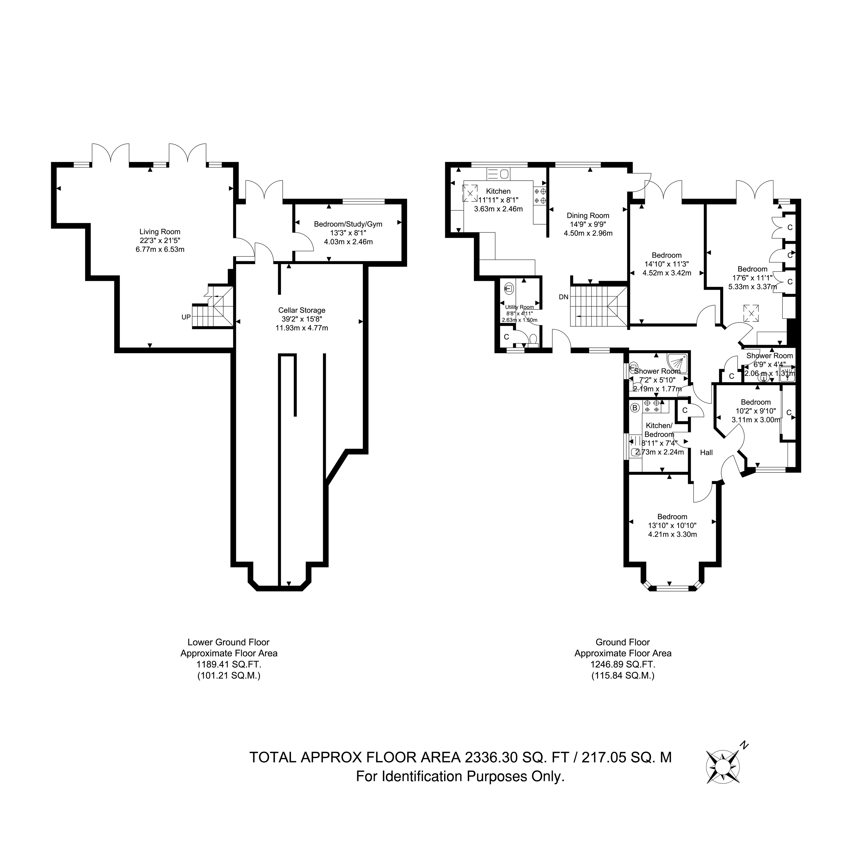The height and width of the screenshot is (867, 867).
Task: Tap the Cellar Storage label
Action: (302, 310)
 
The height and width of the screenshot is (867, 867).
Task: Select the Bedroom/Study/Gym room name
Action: (348, 224)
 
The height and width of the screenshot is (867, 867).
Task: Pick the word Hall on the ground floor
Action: (706, 452)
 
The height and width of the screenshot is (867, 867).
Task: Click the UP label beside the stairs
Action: (186, 317)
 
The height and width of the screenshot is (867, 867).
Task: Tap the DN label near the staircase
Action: (564, 297)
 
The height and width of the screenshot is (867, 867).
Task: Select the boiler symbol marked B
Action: (635, 408)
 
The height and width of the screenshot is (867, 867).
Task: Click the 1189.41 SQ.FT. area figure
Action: (229, 664)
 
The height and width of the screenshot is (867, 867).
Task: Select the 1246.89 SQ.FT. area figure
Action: (623, 664)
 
